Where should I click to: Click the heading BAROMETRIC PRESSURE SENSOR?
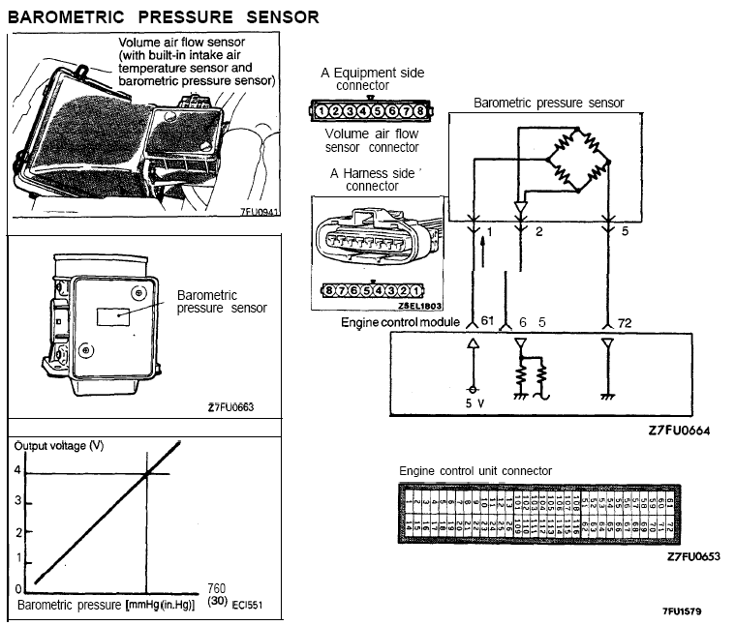coord(164,18)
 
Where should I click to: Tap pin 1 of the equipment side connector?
coord(321,111)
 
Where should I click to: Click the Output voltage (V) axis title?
coord(57,446)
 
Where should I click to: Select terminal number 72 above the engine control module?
coord(624,322)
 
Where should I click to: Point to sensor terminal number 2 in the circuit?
coord(539,233)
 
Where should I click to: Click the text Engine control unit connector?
coord(475,471)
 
